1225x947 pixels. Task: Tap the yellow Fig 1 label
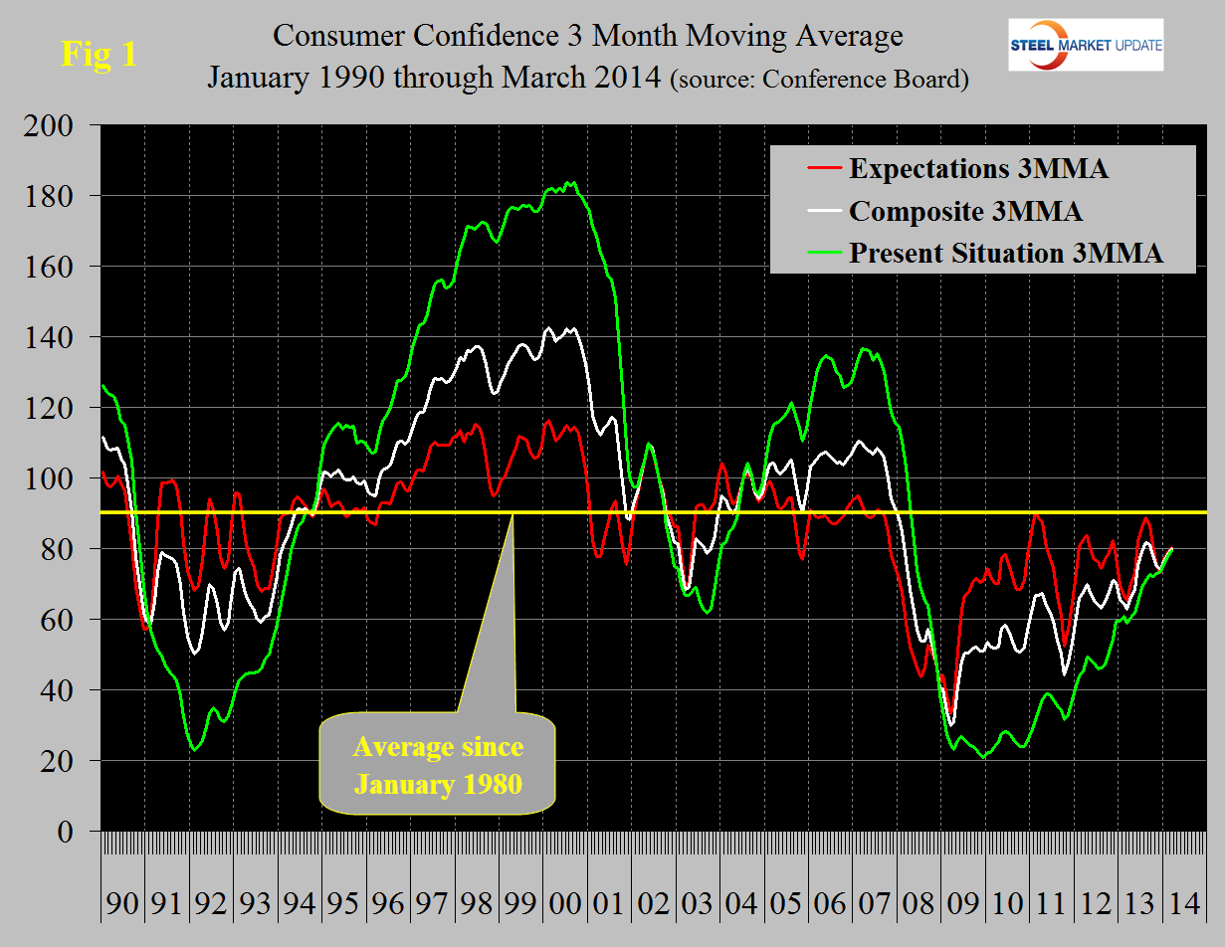100,54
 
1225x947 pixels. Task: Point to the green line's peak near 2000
569,182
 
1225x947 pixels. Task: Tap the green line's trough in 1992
194,749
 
